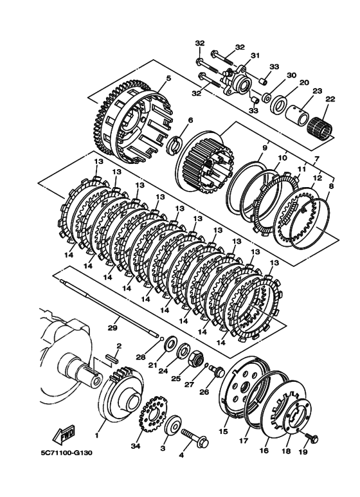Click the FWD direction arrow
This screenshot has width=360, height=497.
click(65, 434)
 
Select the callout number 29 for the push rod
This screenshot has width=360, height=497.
click(113, 327)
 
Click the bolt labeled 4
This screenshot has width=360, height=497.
click(195, 437)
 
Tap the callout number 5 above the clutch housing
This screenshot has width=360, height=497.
click(168, 78)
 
